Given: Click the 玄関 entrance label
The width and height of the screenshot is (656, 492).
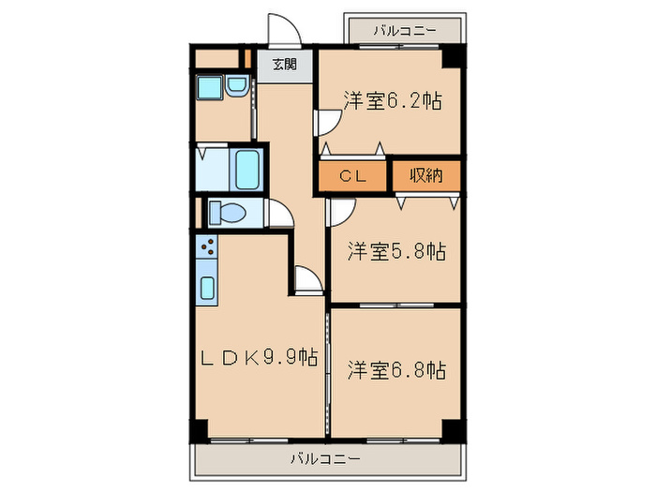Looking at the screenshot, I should tap(285, 65).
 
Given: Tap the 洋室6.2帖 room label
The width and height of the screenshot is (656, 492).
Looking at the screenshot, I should tap(392, 100).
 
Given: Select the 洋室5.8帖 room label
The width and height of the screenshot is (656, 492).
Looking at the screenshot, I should tap(396, 251).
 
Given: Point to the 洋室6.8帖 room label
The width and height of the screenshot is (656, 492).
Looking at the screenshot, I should tap(396, 370).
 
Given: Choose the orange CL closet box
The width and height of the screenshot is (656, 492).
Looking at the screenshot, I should tap(351, 175).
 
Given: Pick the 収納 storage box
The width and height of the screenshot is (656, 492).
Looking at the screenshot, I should tap(425, 174).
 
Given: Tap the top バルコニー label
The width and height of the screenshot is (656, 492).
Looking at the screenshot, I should tap(405, 30).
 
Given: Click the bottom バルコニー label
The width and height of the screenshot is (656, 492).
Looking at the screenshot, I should tap(324, 458).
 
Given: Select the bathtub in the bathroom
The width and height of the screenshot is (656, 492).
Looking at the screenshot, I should tap(246, 169).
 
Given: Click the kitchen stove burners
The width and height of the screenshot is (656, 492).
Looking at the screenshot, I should tap(207, 248).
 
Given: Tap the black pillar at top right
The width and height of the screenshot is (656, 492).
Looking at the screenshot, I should tap(455, 56).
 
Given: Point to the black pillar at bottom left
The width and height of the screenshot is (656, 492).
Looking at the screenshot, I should tap(198, 430).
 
